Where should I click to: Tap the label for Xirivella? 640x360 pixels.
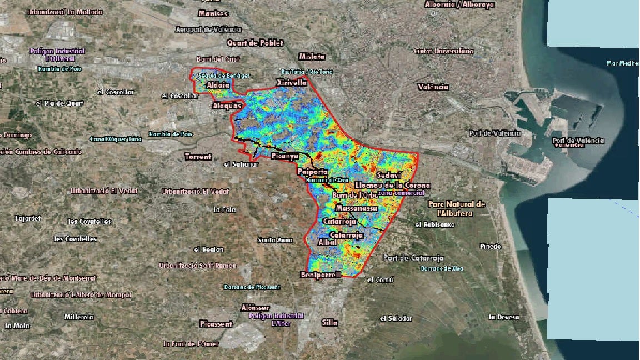[x=291, y=83]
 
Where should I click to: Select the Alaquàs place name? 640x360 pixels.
[x=227, y=106]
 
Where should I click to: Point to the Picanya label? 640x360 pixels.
[x=285, y=157]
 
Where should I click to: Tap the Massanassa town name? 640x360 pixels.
[x=357, y=208]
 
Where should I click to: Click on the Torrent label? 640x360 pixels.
[x=198, y=157]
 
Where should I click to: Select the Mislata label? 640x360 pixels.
[x=312, y=56]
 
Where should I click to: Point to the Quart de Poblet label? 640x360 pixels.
[x=255, y=43]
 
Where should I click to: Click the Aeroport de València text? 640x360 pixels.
[x=208, y=29]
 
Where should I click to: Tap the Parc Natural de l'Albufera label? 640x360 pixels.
[x=457, y=208]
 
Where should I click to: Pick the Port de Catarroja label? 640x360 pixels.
[x=413, y=258]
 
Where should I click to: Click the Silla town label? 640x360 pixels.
[x=329, y=322]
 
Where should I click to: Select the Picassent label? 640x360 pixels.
[x=216, y=323]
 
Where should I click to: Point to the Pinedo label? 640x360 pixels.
[x=490, y=246]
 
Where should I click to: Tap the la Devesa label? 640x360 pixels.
[x=504, y=317]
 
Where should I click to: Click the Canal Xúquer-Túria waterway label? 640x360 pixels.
[x=116, y=139]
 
